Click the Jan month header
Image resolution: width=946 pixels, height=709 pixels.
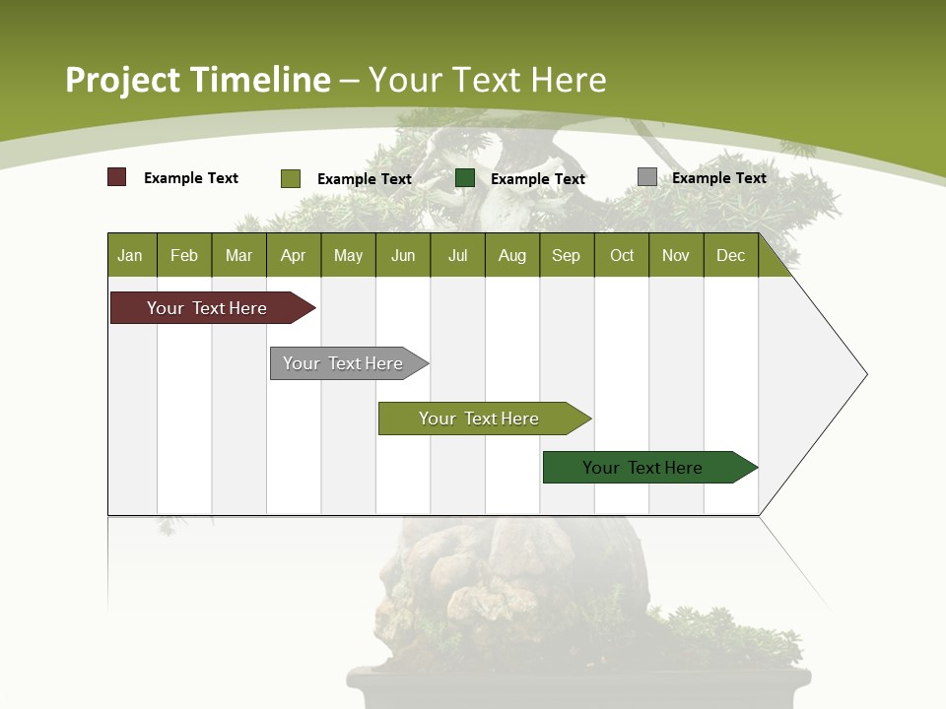131,255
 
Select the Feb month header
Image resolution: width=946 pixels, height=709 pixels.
184,255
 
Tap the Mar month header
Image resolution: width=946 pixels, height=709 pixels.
238,255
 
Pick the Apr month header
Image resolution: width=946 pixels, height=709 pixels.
294,255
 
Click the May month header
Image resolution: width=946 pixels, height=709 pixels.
348,255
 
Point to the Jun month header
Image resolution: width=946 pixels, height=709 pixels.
403,255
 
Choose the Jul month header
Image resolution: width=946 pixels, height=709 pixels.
457,255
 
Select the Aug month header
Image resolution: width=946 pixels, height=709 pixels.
512,255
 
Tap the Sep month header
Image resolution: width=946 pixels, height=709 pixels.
567,255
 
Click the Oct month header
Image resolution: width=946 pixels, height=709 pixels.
622,255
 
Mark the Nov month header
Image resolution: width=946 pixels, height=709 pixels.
676,255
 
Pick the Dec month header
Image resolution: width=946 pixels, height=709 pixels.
731,255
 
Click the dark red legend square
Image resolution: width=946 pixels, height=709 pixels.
117,177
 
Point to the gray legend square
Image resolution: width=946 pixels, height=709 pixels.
647,177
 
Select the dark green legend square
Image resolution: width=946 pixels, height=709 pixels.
465,178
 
